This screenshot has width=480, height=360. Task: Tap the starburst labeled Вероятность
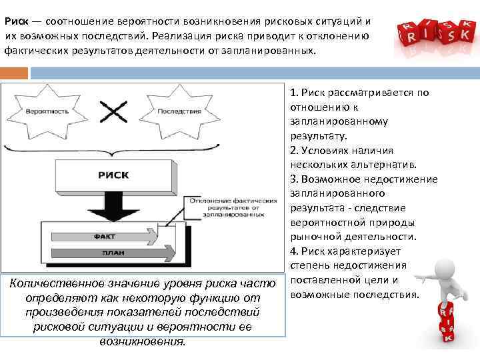(45, 111)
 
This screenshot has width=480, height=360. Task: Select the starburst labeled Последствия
(179, 111)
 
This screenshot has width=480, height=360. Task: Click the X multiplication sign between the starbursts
(113, 111)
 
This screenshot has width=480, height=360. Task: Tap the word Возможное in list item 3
(329, 179)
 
